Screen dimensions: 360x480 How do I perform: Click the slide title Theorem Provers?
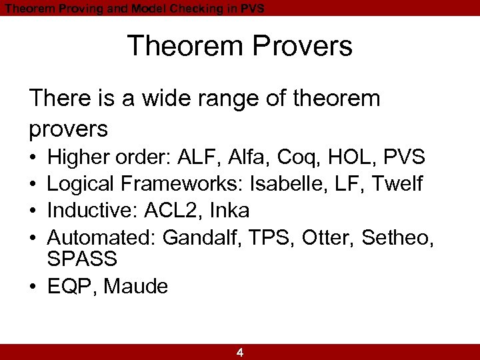239,47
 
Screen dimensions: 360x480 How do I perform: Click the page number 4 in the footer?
240,353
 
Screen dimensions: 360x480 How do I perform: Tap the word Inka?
229,211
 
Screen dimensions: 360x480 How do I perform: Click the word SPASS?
82,259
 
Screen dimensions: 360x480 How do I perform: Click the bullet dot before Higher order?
33,158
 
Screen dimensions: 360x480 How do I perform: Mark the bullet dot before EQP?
33,287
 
